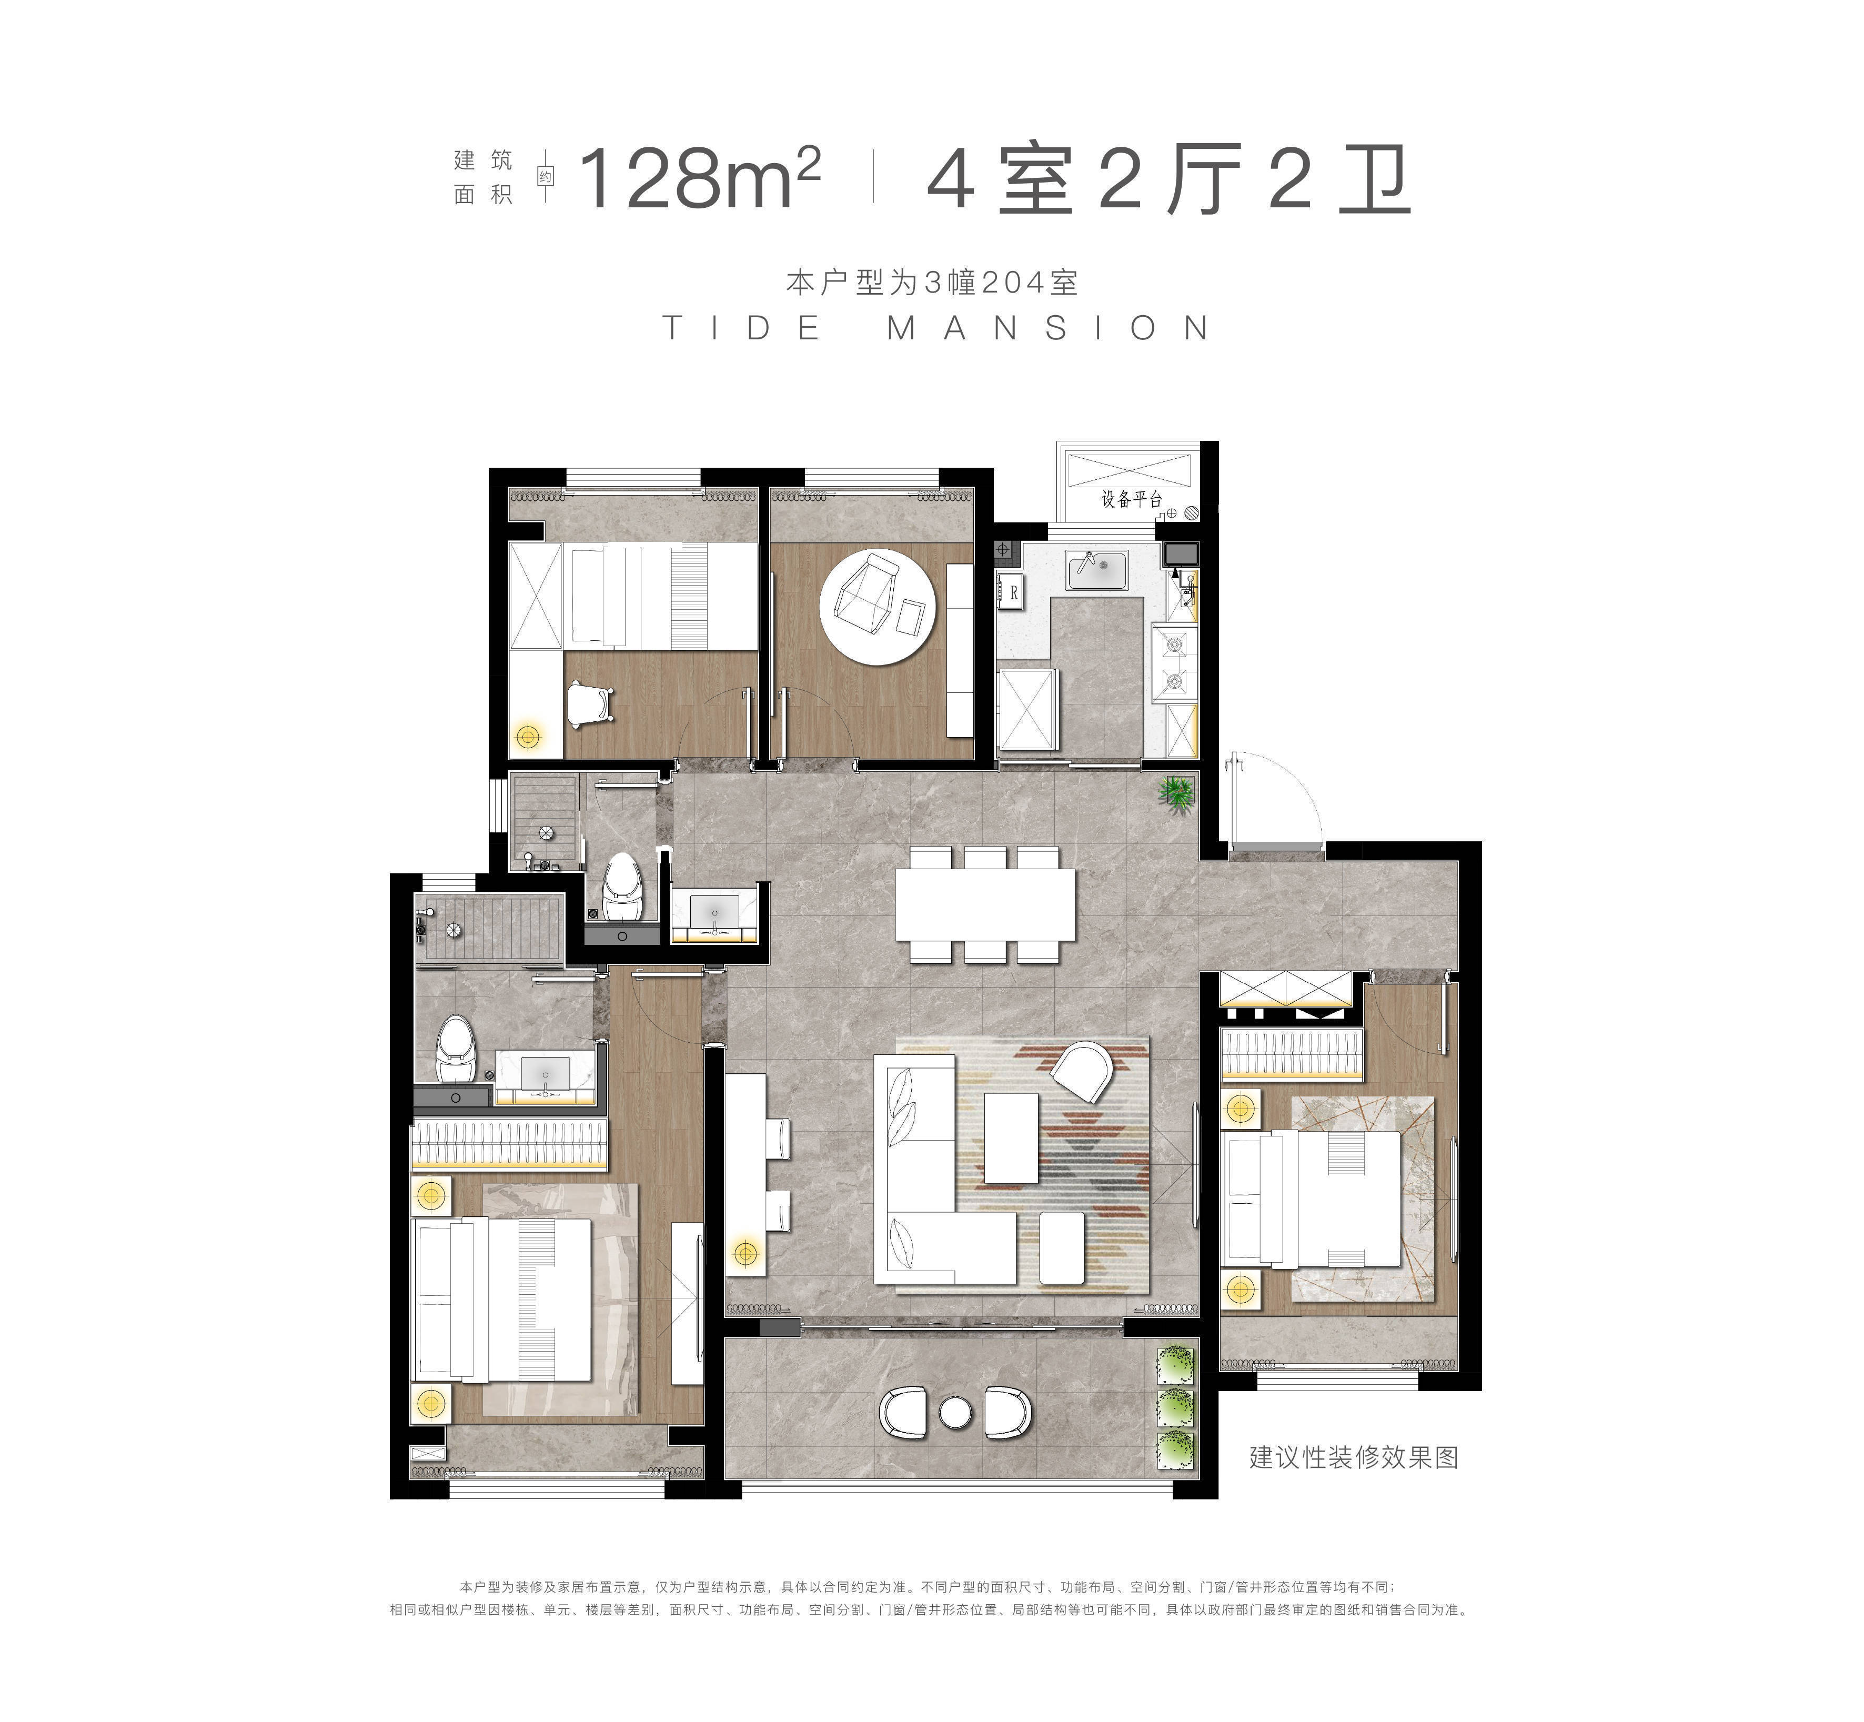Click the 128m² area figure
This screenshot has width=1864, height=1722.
click(x=700, y=180)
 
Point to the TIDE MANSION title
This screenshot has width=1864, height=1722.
click(x=936, y=328)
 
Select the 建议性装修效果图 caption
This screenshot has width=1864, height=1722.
click(x=1353, y=1456)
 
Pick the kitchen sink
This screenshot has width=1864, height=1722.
click(x=1100, y=570)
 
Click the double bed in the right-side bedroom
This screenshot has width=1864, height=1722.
click(x=1314, y=1197)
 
